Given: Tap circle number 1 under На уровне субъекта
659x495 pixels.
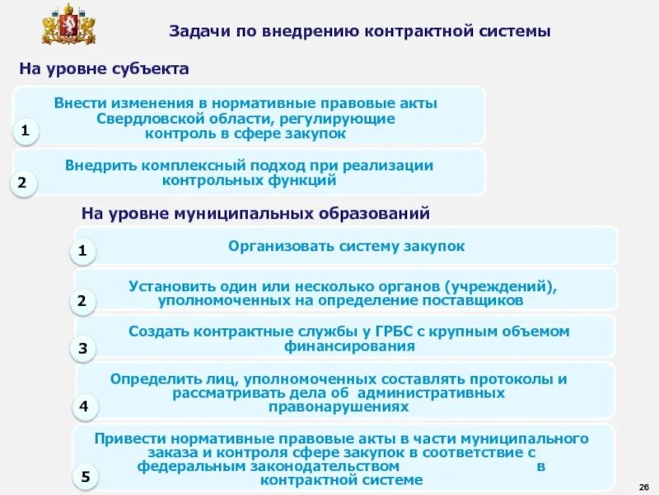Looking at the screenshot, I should pos(26,131).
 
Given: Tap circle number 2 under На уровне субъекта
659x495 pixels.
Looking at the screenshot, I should pos(23,183).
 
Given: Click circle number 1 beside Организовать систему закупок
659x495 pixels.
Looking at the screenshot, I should pos(82,251).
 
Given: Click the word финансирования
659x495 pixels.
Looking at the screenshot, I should pos(349,346).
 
